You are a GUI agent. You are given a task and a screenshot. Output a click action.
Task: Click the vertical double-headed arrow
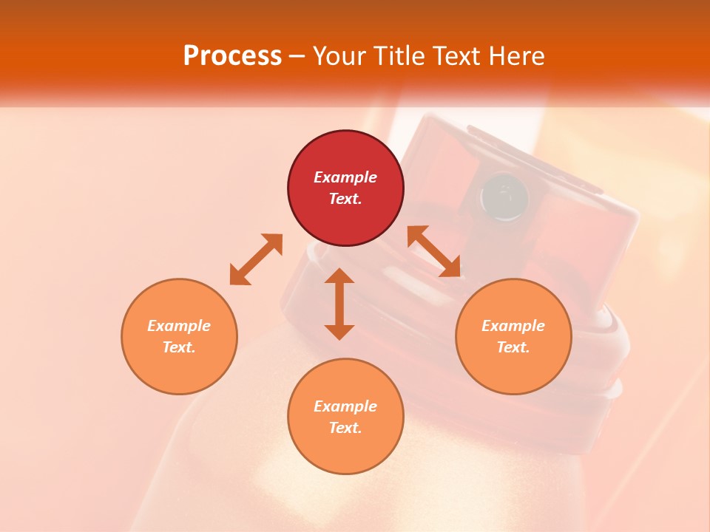tap(339, 304)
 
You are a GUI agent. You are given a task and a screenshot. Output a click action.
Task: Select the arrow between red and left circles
tap(256, 259)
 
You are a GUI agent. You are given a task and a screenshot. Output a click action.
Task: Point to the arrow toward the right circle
tap(434, 251)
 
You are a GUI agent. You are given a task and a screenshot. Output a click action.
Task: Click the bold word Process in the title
tap(232, 55)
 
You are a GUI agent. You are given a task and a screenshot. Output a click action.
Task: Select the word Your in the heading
tap(337, 55)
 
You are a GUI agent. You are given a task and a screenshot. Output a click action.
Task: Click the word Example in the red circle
tap(345, 177)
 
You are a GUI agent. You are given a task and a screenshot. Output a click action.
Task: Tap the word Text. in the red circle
tap(345, 199)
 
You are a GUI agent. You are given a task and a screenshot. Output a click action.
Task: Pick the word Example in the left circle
tap(179, 326)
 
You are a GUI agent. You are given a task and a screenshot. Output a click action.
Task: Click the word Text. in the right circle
tap(513, 347)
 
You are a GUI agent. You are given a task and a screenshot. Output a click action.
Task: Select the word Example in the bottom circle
tap(345, 406)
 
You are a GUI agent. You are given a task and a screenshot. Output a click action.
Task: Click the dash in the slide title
tap(297, 56)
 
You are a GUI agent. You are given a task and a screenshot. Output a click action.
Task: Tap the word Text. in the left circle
tap(179, 347)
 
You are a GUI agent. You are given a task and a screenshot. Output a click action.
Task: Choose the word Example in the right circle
tap(513, 326)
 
